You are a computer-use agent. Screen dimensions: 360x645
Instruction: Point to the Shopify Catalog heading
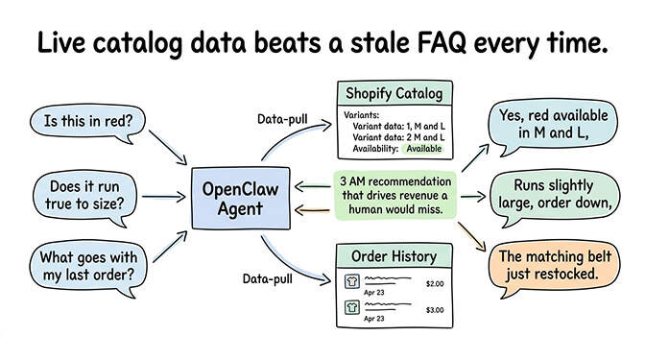coord(395,95)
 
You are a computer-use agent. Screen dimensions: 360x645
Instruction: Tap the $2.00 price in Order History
coord(436,283)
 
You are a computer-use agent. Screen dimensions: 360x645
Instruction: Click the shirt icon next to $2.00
coord(351,282)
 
